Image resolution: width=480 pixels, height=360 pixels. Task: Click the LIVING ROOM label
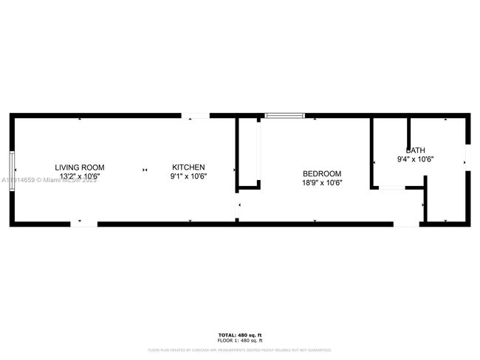pyautogui.click(x=83, y=167)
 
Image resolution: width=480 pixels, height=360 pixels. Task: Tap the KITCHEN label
pyautogui.click(x=188, y=167)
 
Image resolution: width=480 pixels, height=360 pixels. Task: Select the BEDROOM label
pyautogui.click(x=322, y=173)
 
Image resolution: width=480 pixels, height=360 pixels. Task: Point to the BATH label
pyautogui.click(x=414, y=150)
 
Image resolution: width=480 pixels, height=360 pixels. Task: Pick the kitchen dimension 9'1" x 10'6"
pyautogui.click(x=188, y=176)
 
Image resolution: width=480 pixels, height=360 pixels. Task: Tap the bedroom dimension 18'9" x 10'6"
pyautogui.click(x=322, y=182)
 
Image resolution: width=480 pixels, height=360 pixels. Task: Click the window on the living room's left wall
pyautogui.click(x=12, y=171)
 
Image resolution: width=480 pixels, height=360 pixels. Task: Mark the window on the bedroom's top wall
pyautogui.click(x=285, y=115)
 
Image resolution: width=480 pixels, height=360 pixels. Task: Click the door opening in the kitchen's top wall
pyautogui.click(x=196, y=115)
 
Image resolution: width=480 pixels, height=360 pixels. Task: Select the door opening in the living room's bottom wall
pyautogui.click(x=83, y=224)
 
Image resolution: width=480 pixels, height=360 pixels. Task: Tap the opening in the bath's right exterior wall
pyautogui.click(x=466, y=156)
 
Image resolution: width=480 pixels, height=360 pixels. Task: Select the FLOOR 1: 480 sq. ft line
pyautogui.click(x=239, y=341)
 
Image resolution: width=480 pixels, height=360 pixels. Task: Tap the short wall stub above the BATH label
pyautogui.click(x=408, y=129)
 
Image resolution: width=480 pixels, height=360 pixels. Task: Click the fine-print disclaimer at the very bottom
pyautogui.click(x=239, y=350)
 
